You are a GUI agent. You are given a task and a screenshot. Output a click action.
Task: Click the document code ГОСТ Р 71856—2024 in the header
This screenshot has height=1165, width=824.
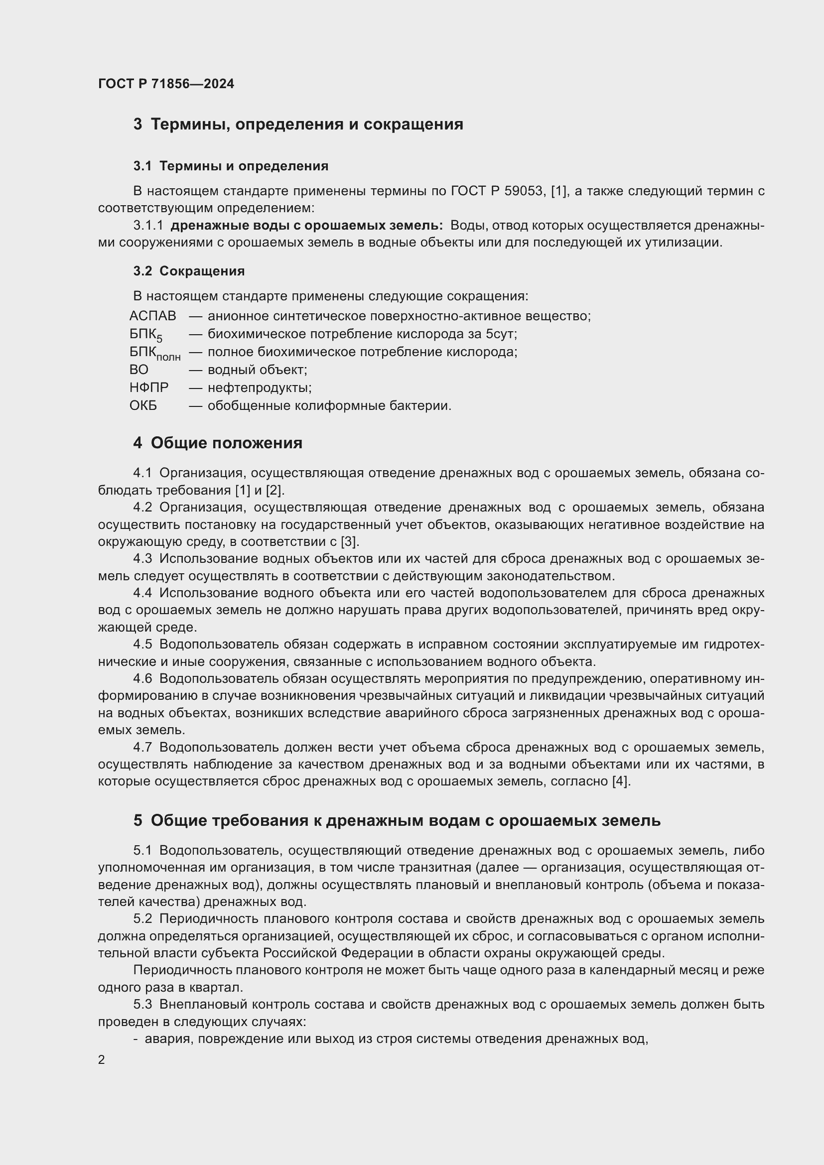166,84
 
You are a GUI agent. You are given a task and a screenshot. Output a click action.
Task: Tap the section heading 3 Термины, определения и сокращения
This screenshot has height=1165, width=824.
298,125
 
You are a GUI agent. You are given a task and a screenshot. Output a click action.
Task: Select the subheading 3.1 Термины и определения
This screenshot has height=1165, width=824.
231,166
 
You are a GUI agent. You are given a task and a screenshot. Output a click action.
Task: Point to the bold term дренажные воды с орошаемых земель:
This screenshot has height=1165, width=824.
307,225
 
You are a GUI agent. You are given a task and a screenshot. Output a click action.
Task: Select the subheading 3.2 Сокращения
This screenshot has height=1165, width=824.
189,271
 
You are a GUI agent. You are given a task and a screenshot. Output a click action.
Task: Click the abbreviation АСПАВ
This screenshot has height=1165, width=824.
152,316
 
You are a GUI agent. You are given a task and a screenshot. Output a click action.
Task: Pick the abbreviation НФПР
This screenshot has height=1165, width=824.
148,388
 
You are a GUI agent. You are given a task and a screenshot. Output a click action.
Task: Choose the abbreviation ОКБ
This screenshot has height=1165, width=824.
143,406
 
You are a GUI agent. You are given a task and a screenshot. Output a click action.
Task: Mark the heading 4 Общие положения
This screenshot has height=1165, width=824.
218,443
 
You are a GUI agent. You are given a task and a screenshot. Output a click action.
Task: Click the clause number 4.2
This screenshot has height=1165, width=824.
142,508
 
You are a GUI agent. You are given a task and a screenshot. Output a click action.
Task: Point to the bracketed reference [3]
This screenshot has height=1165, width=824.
350,541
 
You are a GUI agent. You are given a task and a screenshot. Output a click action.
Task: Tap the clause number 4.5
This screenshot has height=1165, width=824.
142,645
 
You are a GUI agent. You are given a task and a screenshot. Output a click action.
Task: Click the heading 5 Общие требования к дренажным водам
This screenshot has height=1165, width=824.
397,820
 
